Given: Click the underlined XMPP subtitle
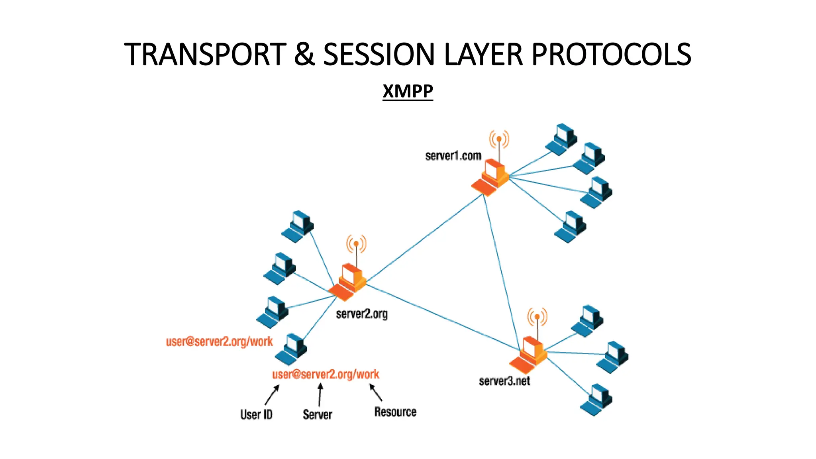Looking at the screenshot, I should pos(408,91).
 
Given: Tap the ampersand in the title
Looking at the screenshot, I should pos(305,55).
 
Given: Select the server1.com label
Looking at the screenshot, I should pos(453,156).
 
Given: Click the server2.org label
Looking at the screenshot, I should pos(361,314).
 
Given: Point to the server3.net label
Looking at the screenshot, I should pos(504,381).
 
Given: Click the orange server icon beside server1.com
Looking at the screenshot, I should pos(491,178).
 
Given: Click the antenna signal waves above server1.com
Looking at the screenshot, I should pos(499,139).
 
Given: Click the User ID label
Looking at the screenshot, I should pos(256,414).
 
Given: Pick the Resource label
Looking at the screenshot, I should pos(395,412).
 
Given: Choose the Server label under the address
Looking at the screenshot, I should pos(317,414).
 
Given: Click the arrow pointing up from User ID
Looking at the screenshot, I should pos(272,394).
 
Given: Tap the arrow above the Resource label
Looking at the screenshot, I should pos(375,392).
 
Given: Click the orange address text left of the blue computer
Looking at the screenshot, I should pos(219,342).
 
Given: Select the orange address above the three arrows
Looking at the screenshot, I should pos(326,375).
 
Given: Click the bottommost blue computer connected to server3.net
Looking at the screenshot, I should pos(596,400).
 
